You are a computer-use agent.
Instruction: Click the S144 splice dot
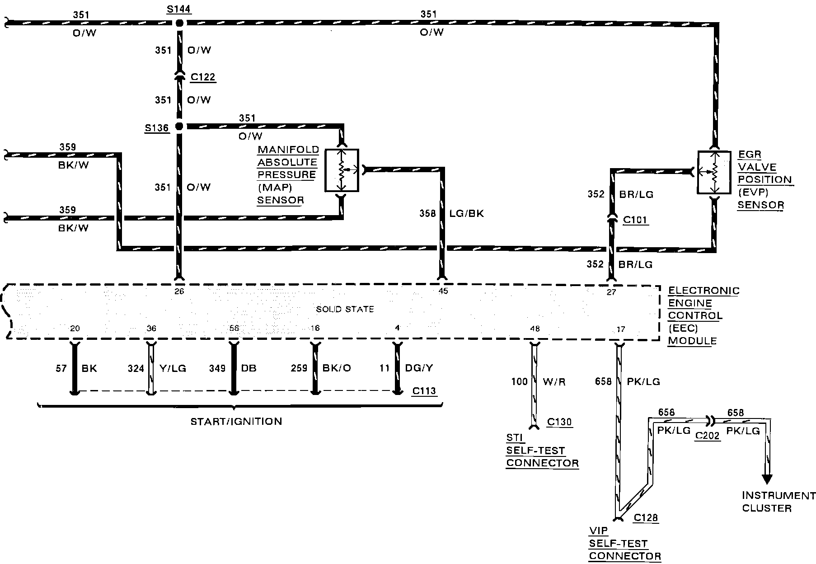tap(179, 23)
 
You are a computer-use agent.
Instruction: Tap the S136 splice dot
tap(179, 127)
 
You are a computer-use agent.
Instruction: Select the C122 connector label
tap(203, 77)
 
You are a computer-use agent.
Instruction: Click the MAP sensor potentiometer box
tap(342, 170)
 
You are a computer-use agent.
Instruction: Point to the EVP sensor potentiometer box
tap(714, 172)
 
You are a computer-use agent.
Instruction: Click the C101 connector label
tap(635, 220)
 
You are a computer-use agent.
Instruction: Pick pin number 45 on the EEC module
tap(443, 291)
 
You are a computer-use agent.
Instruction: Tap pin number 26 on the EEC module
tap(179, 291)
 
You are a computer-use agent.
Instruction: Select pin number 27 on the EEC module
tap(611, 292)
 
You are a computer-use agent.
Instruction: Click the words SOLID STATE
tap(345, 310)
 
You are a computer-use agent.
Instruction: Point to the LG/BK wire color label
tap(467, 213)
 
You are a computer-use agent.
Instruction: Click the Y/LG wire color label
tap(173, 369)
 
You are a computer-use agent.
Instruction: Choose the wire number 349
tap(217, 368)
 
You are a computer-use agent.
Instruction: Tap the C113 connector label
tap(424, 391)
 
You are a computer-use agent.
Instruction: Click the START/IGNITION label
tap(236, 422)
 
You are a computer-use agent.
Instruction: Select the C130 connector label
tap(559, 422)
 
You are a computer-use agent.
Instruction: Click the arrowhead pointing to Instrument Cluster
tap(767, 479)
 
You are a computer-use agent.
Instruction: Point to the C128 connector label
tap(646, 518)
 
